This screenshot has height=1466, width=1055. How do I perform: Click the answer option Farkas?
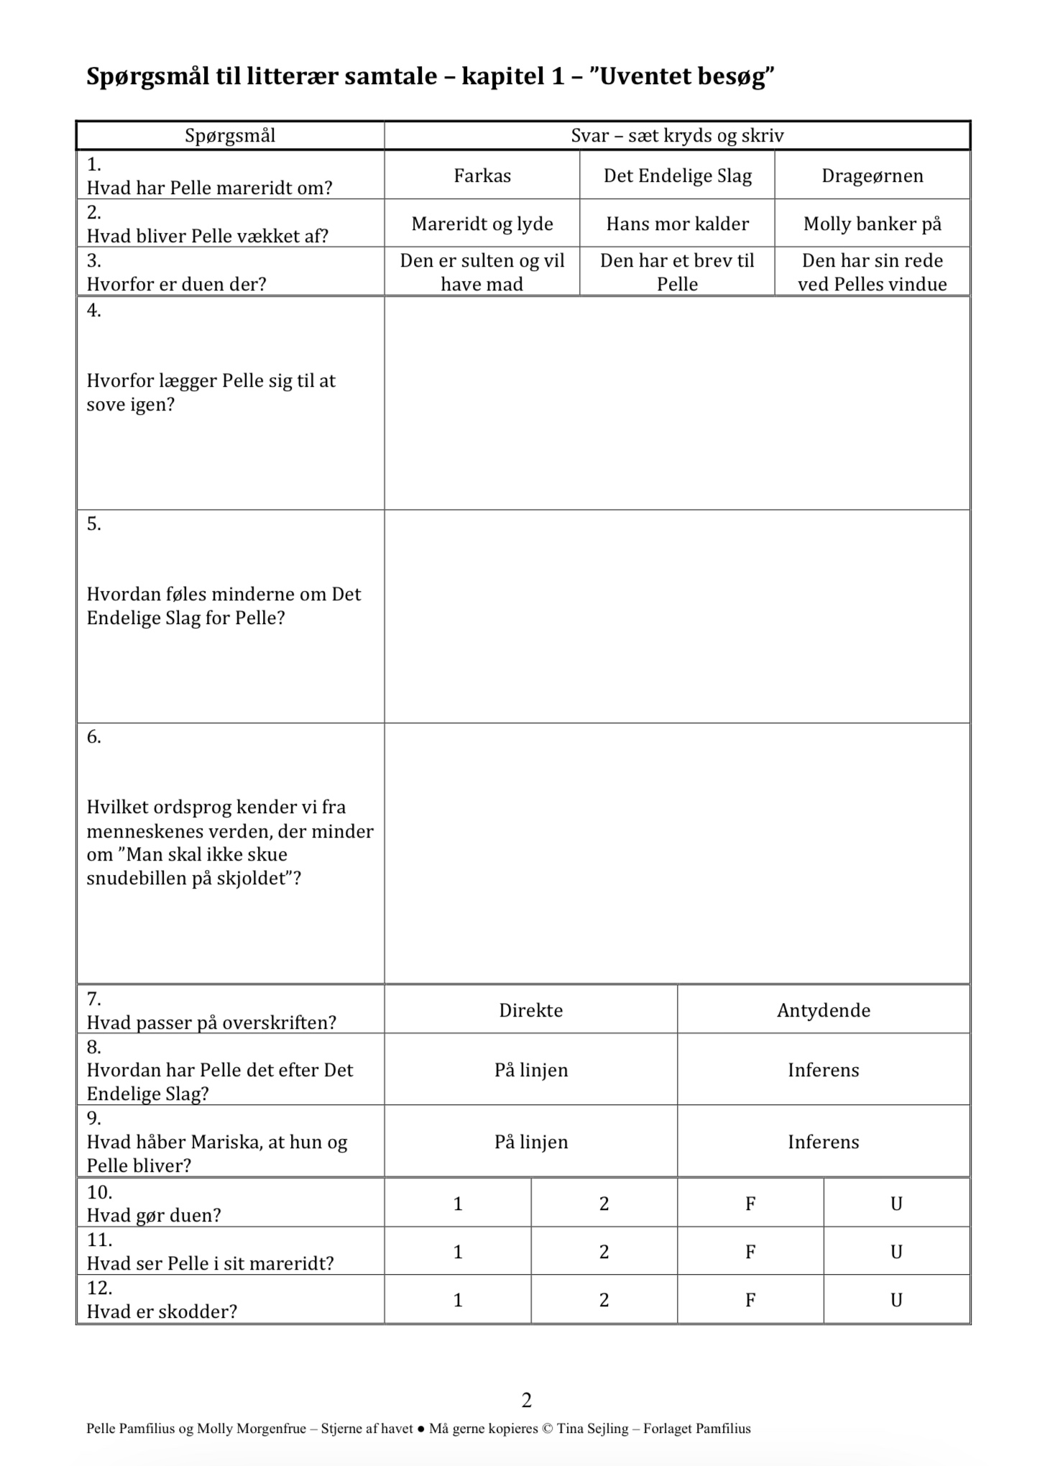click(482, 175)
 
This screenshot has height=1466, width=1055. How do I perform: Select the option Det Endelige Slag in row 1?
click(677, 175)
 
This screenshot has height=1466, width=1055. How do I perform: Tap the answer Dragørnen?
click(872, 175)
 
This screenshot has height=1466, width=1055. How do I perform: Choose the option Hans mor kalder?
click(677, 224)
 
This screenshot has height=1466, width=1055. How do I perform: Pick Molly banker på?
click(872, 224)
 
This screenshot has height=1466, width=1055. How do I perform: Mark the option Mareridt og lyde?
click(482, 224)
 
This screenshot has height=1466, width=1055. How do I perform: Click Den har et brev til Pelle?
click(677, 272)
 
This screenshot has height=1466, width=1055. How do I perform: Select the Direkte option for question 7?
click(530, 1010)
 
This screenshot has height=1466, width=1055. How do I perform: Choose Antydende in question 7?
click(823, 1010)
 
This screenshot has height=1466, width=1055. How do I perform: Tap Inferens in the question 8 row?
click(823, 1070)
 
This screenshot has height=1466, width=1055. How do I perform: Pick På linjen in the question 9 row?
click(530, 1142)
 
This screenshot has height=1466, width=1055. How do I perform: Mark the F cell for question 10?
click(750, 1204)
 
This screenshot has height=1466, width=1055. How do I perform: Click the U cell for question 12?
click(896, 1300)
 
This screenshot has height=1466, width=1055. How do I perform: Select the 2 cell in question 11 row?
click(604, 1252)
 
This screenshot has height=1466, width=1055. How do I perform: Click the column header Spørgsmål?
click(230, 135)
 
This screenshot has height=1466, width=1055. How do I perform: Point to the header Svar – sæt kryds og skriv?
click(677, 135)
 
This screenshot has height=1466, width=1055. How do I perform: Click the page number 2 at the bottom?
click(527, 1400)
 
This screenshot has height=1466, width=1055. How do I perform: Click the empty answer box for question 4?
click(677, 403)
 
